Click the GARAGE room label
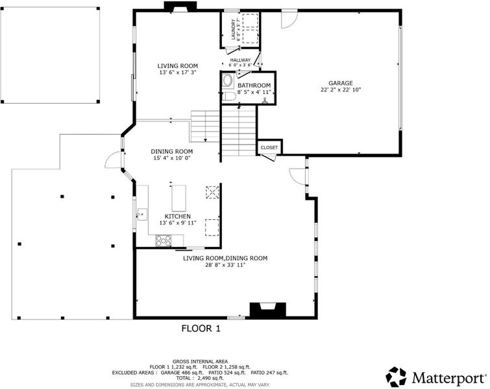[340, 83]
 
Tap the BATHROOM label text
[254, 85]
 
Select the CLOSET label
[269, 147]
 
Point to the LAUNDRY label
[233, 29]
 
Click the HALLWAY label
[240, 60]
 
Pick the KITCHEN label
[177, 217]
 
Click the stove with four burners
[164, 241]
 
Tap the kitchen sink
[142, 215]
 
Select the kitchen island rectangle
[178, 198]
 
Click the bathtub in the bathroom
[228, 80]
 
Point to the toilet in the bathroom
[228, 97]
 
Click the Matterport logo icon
[396, 377]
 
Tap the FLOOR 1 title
[201, 329]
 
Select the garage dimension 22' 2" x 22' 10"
[341, 90]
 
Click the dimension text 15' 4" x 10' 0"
[172, 158]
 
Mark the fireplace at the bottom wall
[268, 310]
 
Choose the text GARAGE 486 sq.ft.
[182, 372]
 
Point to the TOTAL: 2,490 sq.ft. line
[200, 378]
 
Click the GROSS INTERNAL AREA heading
[200, 362]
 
